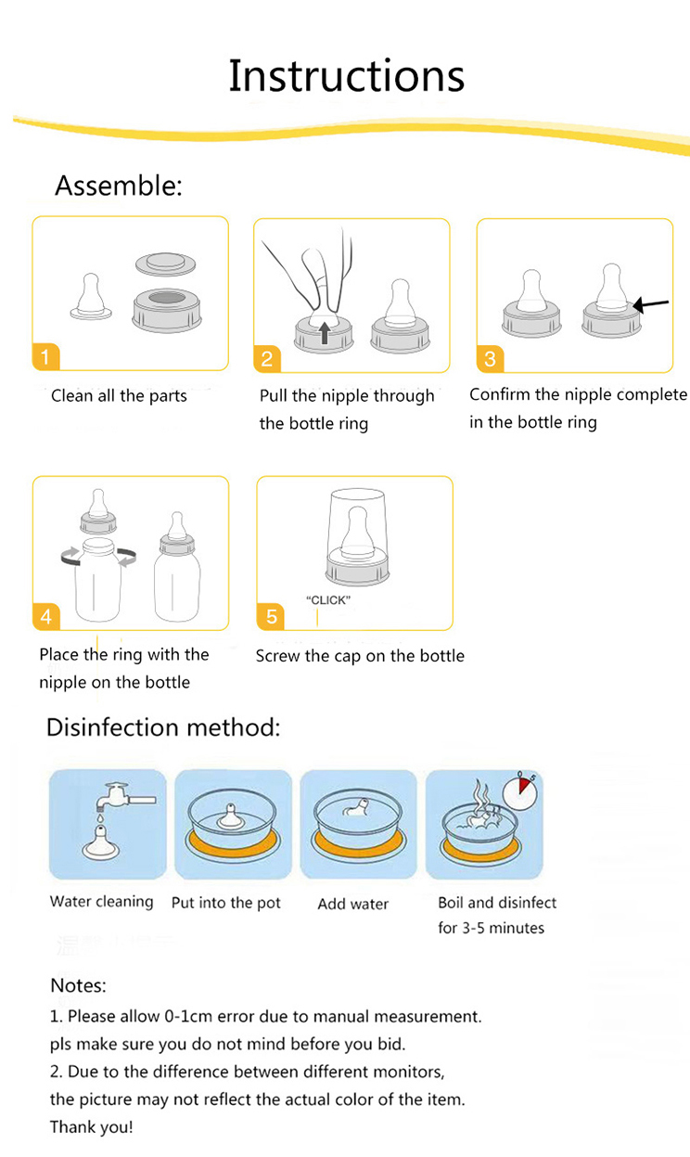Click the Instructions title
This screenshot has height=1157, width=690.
346,76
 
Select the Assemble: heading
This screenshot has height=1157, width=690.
119,186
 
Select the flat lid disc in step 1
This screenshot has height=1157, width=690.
167,264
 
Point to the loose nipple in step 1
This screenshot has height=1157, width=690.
91,299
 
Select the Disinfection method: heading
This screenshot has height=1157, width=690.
163,726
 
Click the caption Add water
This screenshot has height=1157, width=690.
353,904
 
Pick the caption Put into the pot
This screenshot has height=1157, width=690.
226,903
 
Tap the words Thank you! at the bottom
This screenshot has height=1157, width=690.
91,1127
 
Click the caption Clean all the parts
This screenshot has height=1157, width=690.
119,396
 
